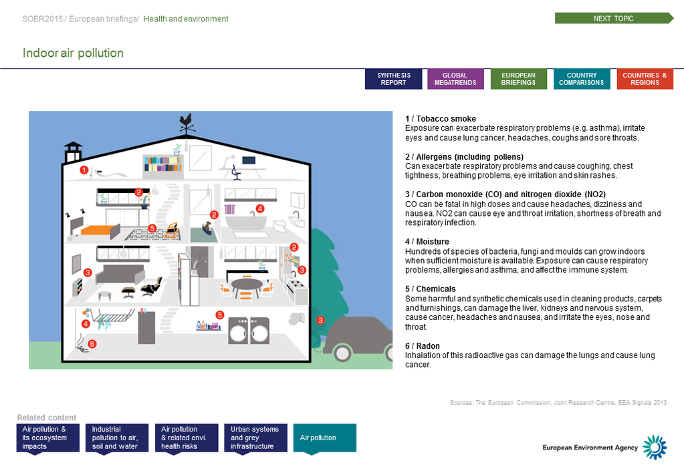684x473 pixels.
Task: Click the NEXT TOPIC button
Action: pyautogui.click(x=613, y=19)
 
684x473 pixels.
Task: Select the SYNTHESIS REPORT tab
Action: pyautogui.click(x=393, y=79)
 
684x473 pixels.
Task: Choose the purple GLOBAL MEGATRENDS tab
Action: pyautogui.click(x=455, y=79)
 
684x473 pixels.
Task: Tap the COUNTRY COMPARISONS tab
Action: pyautogui.click(x=581, y=79)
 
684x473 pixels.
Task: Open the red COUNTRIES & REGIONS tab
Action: pyautogui.click(x=645, y=79)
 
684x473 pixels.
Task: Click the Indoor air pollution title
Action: pyautogui.click(x=73, y=53)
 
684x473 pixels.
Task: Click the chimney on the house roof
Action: pyautogui.click(x=72, y=153)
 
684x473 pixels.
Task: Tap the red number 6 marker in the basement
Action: pyautogui.click(x=92, y=344)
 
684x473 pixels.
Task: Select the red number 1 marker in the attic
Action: pyautogui.click(x=84, y=170)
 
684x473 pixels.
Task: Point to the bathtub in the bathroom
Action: pyautogui.click(x=245, y=222)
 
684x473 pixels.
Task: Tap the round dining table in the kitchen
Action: pyautogui.click(x=247, y=285)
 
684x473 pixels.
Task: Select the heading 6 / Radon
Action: pyautogui.click(x=423, y=346)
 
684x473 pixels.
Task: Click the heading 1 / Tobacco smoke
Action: pyautogui.click(x=441, y=118)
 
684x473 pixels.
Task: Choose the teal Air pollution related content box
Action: pyautogui.click(x=324, y=438)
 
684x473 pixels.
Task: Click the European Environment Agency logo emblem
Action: pyautogui.click(x=655, y=447)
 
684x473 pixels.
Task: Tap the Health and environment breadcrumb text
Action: pyautogui.click(x=186, y=19)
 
